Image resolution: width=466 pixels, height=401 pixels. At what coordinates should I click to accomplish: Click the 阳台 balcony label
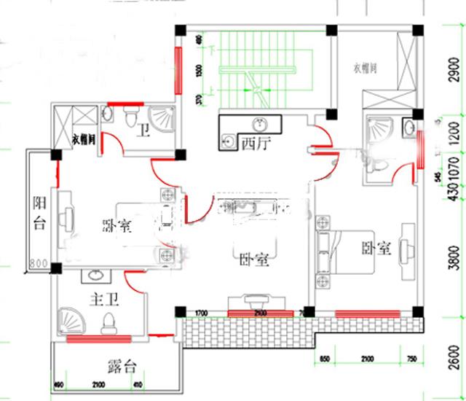pyautogui.click(x=39, y=213)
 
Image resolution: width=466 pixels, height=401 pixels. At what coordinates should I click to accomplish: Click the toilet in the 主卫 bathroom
pyautogui.click(x=110, y=322)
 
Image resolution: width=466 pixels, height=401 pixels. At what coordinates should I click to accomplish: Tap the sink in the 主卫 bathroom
pyautogui.click(x=95, y=276)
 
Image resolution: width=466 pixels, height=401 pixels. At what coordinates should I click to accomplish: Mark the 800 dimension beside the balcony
pyautogui.click(x=38, y=263)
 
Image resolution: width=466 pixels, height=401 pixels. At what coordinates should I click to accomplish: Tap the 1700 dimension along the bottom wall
pyautogui.click(x=202, y=314)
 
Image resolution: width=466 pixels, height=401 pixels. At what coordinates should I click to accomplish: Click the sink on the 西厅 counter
pyautogui.click(x=259, y=123)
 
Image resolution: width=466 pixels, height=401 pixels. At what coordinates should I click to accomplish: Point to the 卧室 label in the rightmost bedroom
pyautogui.click(x=376, y=249)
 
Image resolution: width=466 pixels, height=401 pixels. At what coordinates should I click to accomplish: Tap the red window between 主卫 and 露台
pyautogui.click(x=98, y=338)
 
